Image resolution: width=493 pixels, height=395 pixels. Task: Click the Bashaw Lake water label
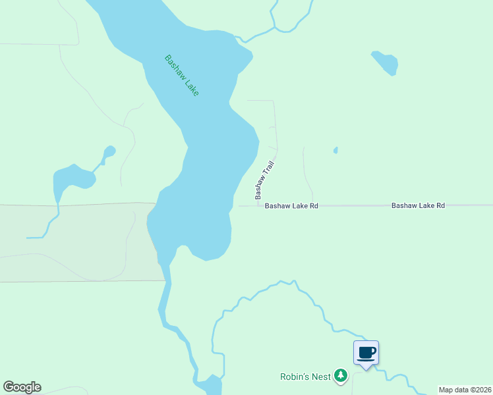tap(181, 75)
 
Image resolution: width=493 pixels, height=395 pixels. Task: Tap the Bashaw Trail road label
tap(264, 181)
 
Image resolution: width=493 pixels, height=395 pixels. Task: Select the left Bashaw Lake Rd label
tap(291, 206)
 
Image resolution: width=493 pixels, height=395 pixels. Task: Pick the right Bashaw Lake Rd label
tap(418, 205)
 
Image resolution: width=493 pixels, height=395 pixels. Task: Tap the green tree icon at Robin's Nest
tap(340, 376)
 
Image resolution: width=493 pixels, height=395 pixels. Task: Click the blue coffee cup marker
tap(366, 353)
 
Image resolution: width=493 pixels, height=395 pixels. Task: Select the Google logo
tap(22, 387)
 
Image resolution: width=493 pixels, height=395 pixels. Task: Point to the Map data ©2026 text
tap(465, 390)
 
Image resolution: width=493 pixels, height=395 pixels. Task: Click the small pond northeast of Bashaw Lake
tap(386, 62)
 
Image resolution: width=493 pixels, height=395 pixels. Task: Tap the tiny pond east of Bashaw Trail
tap(335, 150)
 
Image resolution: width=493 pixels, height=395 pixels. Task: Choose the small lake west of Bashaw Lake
tap(72, 178)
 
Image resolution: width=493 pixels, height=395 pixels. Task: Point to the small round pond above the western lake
tap(109, 151)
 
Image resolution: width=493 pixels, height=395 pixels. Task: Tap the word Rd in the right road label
tap(440, 205)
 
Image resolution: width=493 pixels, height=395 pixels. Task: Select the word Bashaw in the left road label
tap(277, 206)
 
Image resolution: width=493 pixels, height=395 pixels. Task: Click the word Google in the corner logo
tap(22, 387)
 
